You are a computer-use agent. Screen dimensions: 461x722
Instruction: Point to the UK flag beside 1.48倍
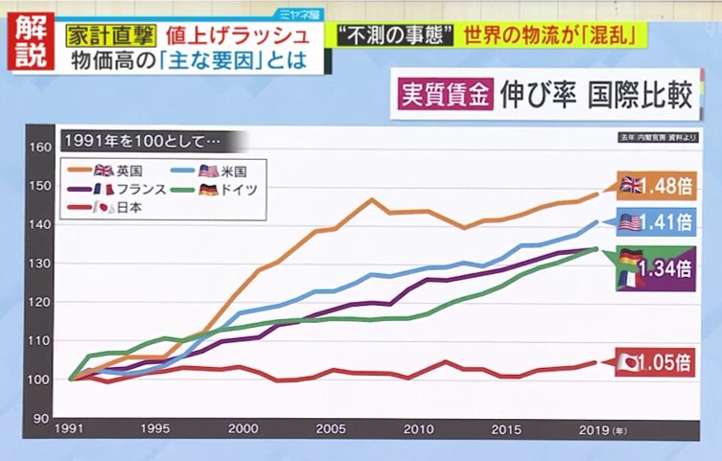pos(631,184)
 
